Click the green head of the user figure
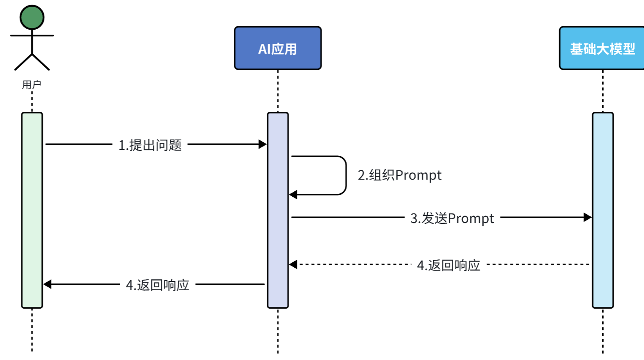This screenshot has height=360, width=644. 32,18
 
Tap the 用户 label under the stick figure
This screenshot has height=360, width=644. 32,85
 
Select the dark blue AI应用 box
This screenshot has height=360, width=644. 278,48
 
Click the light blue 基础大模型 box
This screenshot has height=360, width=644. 602,48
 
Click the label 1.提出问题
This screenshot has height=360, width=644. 150,145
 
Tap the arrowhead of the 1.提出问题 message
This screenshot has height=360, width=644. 263,145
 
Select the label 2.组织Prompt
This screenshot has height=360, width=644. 399,175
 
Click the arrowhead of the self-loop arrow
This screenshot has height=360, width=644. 293,195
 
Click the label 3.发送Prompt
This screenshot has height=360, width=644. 452,218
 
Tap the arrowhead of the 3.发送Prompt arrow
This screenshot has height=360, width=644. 587,217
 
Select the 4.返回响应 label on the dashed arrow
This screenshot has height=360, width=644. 449,265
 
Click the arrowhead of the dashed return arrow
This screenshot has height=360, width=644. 293,264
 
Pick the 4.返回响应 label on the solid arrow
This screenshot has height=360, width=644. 157,285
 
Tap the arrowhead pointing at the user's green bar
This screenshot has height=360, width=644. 48,284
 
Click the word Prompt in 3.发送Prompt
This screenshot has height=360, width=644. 471,218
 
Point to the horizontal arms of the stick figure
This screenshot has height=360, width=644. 32,35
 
